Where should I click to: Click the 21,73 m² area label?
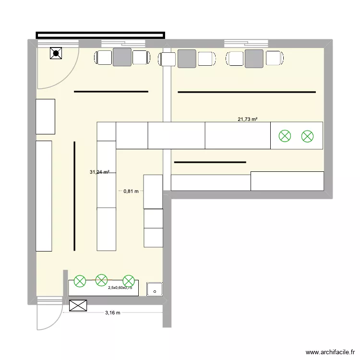[247, 119]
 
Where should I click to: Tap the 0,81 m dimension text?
[131, 191]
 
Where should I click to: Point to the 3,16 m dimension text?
[112, 312]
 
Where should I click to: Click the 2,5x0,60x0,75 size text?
[120, 288]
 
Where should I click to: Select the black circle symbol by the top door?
[56, 54]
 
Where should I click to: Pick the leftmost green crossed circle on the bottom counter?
[80, 281]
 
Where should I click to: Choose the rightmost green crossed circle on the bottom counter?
[128, 281]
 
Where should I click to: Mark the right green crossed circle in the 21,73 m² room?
[307, 136]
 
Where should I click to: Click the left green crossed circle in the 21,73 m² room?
[285, 136]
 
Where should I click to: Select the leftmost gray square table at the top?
[122, 57]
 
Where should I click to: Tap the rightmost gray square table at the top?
[254, 58]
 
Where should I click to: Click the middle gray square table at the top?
[187, 58]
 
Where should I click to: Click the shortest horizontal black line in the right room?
[210, 162]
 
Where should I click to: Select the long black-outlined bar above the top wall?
[100, 35]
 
